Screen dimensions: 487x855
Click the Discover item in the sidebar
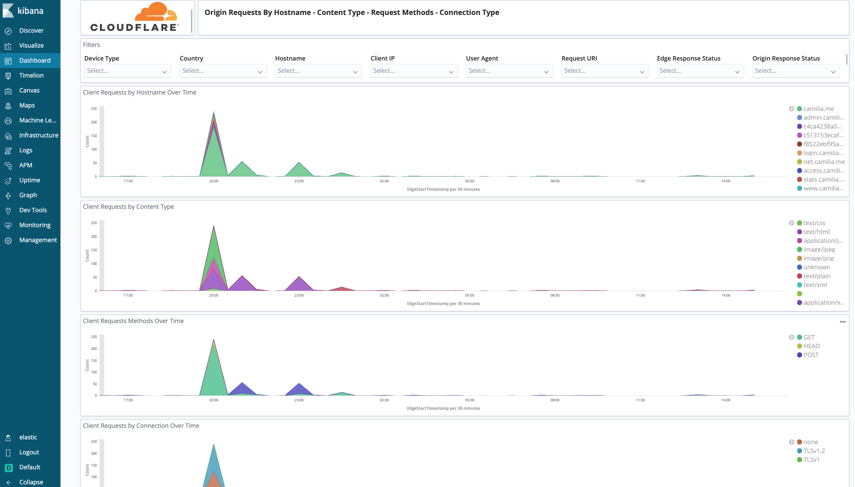(x=31, y=31)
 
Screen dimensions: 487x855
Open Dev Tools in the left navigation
(x=33, y=210)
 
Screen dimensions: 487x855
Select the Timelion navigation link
(x=31, y=75)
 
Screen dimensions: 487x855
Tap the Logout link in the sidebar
(x=29, y=452)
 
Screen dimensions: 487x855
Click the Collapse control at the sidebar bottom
(x=31, y=482)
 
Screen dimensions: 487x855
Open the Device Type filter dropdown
(x=127, y=71)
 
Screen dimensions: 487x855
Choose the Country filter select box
(x=223, y=71)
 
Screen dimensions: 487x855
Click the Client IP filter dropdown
(x=414, y=71)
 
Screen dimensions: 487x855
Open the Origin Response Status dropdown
(x=796, y=71)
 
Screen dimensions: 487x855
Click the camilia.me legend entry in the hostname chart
(x=818, y=109)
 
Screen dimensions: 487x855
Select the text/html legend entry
(x=816, y=232)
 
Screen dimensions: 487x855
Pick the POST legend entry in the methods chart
(x=811, y=355)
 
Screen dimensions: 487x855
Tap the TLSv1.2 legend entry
(x=814, y=451)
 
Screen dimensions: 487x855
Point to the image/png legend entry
(x=818, y=258)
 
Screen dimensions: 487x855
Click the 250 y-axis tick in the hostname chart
(x=94, y=109)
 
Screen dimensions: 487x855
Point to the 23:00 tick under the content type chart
(x=299, y=296)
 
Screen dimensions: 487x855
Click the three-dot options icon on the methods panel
(x=842, y=322)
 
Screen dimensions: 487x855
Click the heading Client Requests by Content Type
(x=128, y=207)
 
